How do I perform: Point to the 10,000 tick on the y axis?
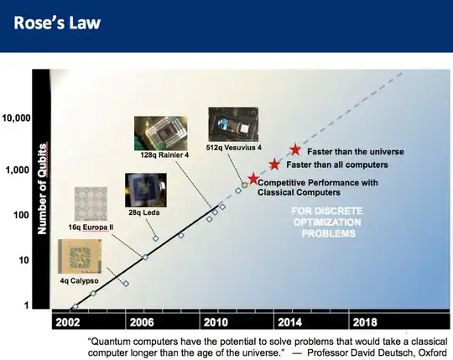pyautogui.click(x=17, y=117)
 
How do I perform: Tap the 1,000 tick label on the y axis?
pyautogui.click(x=19, y=170)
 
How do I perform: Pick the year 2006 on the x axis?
pyautogui.click(x=143, y=321)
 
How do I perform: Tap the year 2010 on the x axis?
pyautogui.click(x=216, y=321)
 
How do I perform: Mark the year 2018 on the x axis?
pyautogui.click(x=364, y=321)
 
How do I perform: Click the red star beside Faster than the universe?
pyautogui.click(x=295, y=149)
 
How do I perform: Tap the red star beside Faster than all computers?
pyautogui.click(x=274, y=164)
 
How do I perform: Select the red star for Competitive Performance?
pyautogui.click(x=253, y=179)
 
